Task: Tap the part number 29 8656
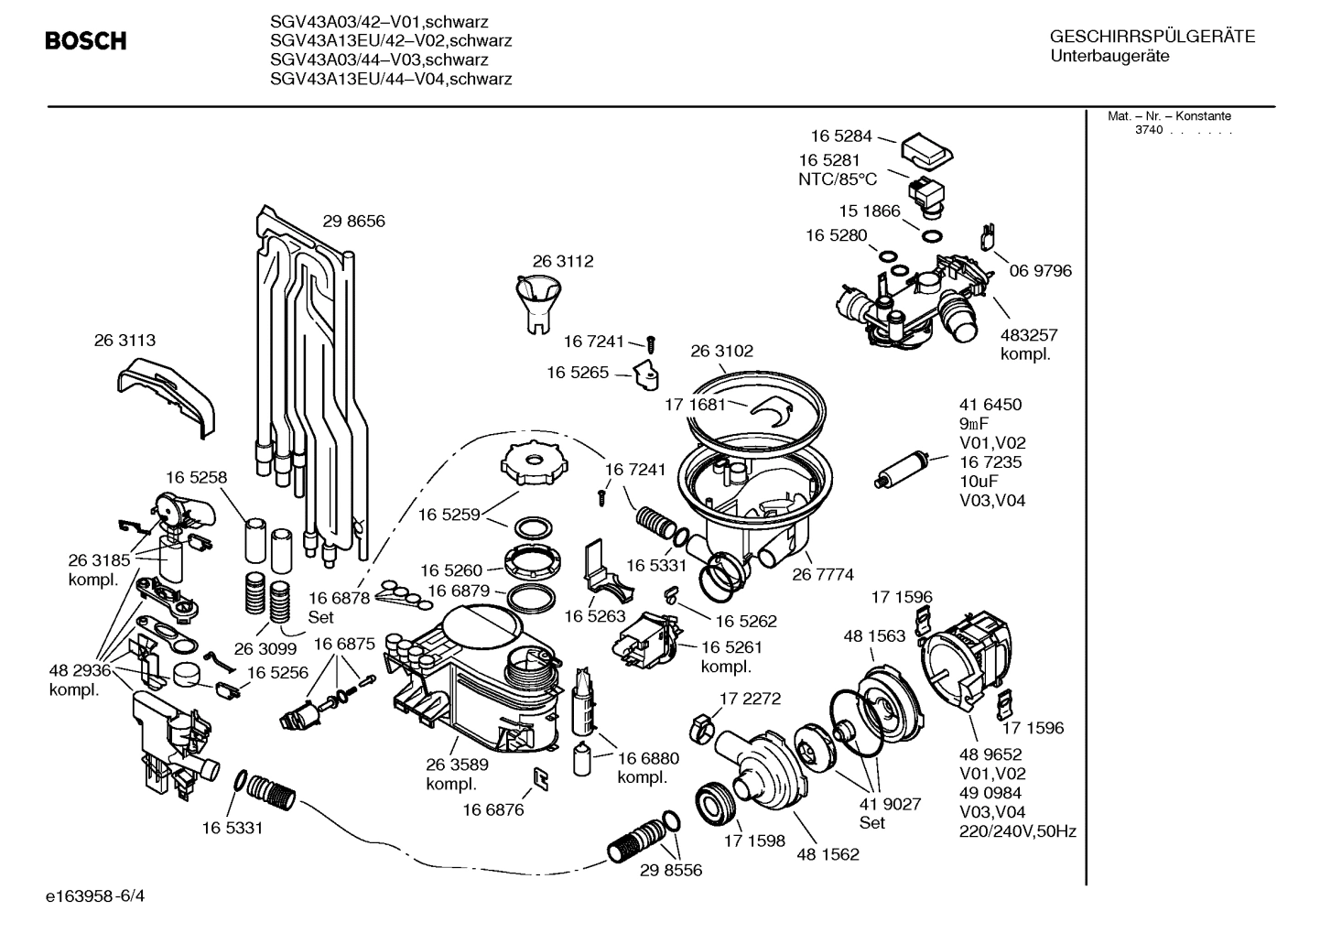(x=353, y=221)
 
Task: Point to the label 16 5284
(x=841, y=136)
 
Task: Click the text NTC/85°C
(x=837, y=179)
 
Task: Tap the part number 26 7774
(x=823, y=575)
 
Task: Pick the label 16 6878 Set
(x=338, y=606)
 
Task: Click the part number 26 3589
(x=457, y=765)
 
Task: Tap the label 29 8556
(x=671, y=870)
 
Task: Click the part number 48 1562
(x=828, y=854)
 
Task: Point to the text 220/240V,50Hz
(x=1017, y=831)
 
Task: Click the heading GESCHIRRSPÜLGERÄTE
(x=1152, y=37)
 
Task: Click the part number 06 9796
(x=1040, y=271)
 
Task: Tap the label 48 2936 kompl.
(x=79, y=679)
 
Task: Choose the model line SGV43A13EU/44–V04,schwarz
(x=391, y=79)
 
